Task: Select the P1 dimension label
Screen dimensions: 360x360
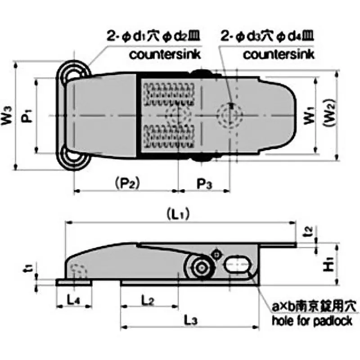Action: click(27, 116)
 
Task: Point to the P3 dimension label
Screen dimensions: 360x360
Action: click(205, 183)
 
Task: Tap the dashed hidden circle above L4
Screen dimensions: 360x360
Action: click(78, 271)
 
